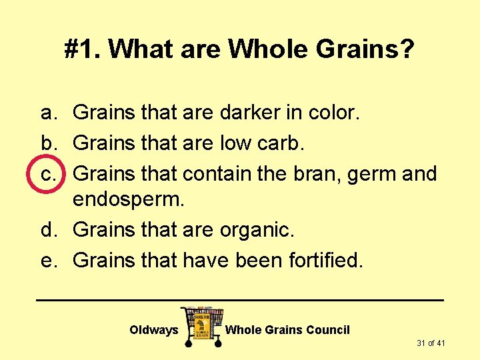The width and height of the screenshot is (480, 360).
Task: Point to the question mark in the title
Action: (x=407, y=49)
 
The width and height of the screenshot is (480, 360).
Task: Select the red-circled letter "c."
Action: (x=49, y=174)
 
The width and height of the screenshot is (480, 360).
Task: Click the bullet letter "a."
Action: (x=49, y=113)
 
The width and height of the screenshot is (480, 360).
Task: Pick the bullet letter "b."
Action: (x=49, y=143)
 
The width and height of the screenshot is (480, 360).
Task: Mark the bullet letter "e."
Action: (x=49, y=260)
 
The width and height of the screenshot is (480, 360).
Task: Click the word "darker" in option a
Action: (x=247, y=113)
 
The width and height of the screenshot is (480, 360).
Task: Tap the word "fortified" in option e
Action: (x=325, y=260)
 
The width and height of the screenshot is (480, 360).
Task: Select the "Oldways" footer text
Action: (x=154, y=330)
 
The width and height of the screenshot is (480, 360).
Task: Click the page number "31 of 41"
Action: (x=431, y=343)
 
